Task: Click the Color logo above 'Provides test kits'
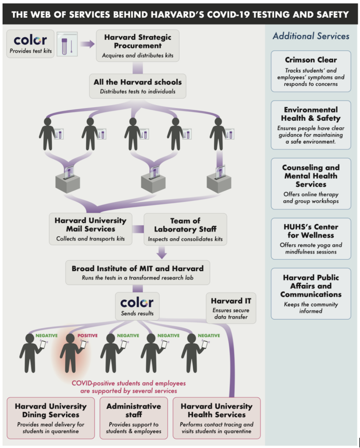coord(30,40)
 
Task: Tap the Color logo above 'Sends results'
coord(137,303)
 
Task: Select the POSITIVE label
coord(88,336)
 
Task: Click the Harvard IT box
coord(231,308)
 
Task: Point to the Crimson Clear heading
coord(311,59)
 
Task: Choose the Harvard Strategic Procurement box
coord(138,45)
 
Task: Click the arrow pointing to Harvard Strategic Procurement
coord(87,44)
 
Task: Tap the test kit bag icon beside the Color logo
coord(67,44)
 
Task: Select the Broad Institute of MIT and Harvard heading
coord(138,269)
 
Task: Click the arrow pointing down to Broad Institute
coord(162,252)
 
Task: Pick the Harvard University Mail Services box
coord(91,229)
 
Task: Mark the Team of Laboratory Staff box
coord(185,229)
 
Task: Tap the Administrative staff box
coord(134,418)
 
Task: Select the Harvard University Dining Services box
coord(51,418)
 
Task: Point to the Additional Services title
coord(311,36)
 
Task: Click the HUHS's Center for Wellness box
coord(311,238)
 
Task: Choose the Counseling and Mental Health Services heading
coord(311,176)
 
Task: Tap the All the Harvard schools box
coord(138,86)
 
